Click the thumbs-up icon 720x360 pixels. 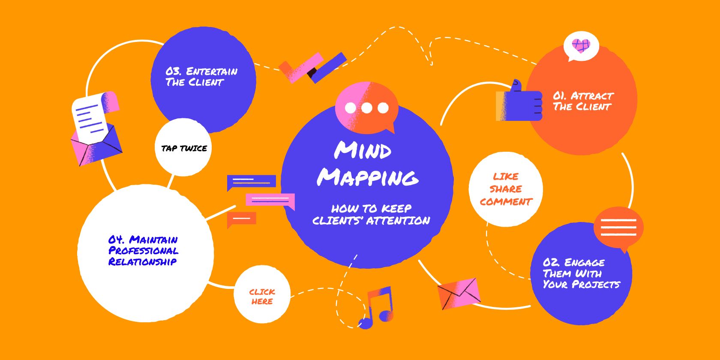click(x=520, y=102)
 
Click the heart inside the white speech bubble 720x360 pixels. click(x=581, y=45)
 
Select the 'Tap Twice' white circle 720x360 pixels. click(x=183, y=148)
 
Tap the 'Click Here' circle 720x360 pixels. click(x=262, y=296)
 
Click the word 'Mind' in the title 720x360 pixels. click(x=363, y=150)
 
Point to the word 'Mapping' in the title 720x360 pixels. click(x=368, y=177)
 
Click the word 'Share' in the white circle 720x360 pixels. click(x=506, y=189)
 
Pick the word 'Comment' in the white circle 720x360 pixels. click(x=506, y=202)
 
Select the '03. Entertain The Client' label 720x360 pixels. click(x=201, y=77)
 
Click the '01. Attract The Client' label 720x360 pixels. click(x=582, y=101)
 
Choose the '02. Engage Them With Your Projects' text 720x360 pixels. click(x=581, y=273)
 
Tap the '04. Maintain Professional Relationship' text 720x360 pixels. click(x=143, y=251)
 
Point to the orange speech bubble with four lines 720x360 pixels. click(x=618, y=228)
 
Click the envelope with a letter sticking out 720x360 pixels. click(x=96, y=129)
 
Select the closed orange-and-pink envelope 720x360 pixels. click(x=459, y=293)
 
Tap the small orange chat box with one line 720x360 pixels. click(x=242, y=219)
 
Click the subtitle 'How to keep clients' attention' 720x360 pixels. click(x=371, y=215)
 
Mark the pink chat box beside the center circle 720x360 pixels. click(x=270, y=200)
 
